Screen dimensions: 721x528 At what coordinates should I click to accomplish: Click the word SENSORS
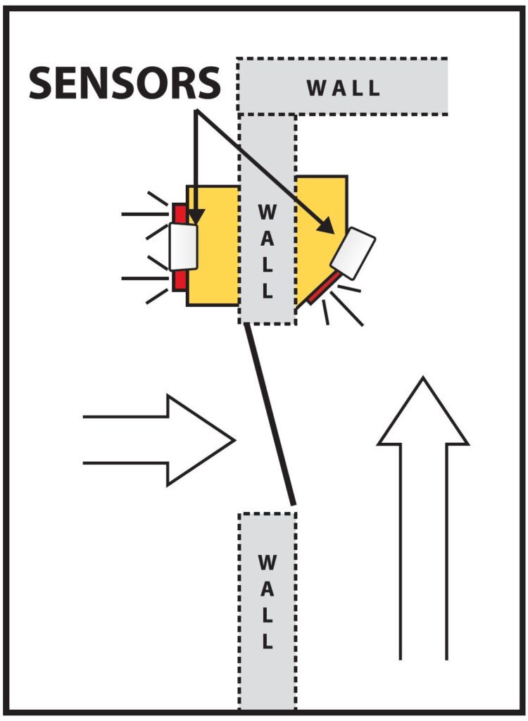click(124, 83)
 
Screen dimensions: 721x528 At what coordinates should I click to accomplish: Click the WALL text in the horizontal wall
click(343, 88)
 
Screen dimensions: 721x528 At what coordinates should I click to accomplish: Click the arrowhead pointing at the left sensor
click(196, 215)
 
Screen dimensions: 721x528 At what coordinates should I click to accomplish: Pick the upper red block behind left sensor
click(179, 213)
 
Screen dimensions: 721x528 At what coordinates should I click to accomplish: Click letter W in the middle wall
click(267, 211)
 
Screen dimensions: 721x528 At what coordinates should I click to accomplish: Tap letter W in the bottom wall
click(267, 563)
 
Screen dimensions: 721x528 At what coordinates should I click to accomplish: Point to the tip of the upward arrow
click(423, 380)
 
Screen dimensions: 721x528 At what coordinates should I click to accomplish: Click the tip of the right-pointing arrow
click(232, 440)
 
